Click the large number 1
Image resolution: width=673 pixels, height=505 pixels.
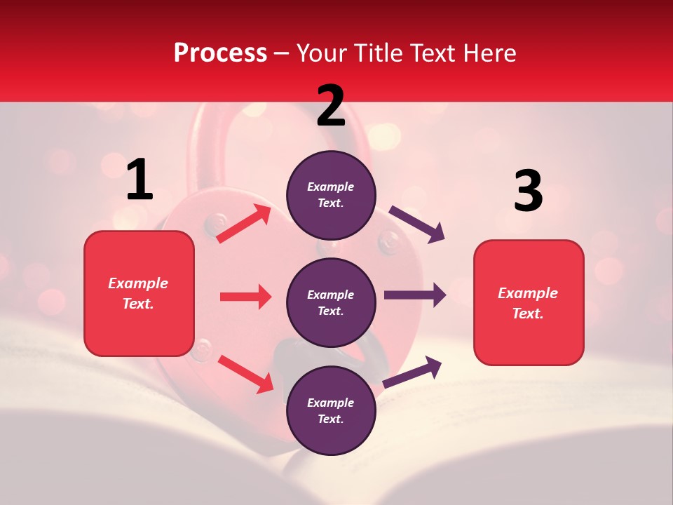pos(140,180)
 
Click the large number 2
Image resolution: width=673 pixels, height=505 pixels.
pos(331,106)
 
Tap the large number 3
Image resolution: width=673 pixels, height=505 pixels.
pos(528,191)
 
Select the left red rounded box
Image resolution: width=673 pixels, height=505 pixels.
pos(139,293)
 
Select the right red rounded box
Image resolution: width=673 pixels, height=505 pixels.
pos(529,302)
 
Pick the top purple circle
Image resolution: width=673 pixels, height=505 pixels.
pos(331,195)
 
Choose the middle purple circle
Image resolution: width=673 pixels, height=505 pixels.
pos(331,302)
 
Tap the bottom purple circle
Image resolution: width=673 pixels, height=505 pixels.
pos(331,410)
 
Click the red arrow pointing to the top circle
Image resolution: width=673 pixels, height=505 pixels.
pos(244,224)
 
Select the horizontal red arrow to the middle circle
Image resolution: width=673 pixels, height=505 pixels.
pos(245,297)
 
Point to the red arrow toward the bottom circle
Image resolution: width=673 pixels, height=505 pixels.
pos(245,374)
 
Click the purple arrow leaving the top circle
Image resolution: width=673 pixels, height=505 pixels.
pos(417,224)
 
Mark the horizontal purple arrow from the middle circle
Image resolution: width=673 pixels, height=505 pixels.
pos(414,295)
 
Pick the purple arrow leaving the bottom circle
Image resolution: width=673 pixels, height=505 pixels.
pos(412,372)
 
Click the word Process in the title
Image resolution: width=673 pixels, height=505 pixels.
pos(220,53)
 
